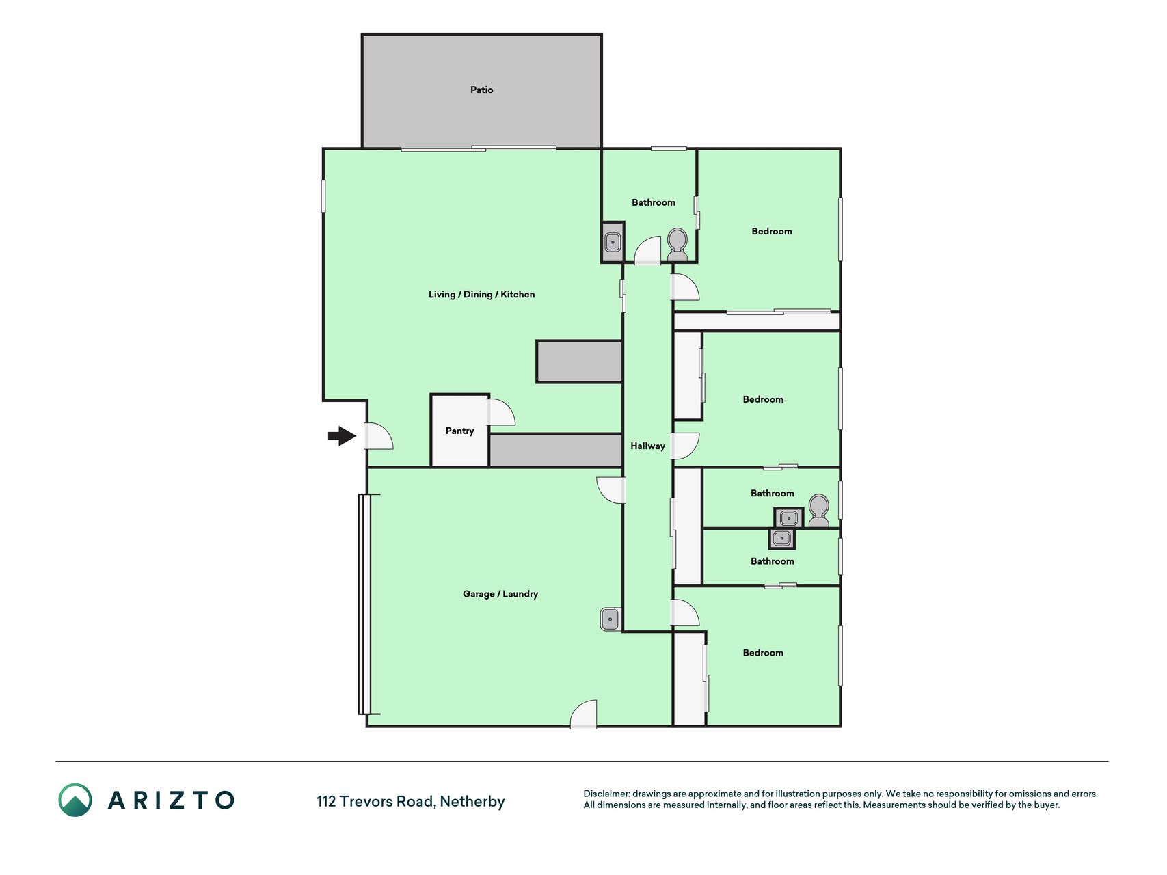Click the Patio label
[481, 90]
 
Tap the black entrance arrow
[342, 435]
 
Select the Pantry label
[459, 431]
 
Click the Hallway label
[647, 446]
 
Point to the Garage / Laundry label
[500, 593]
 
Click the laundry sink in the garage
[611, 619]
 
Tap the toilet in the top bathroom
[677, 245]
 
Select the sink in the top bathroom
[613, 242]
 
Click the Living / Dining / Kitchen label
[481, 294]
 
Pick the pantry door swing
[501, 412]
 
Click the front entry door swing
[379, 436]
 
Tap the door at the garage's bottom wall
[584, 714]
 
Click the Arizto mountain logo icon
[75, 800]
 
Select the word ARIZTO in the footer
[171, 800]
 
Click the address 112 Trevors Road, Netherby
[410, 801]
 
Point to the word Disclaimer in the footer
[606, 794]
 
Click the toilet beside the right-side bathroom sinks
[818, 511]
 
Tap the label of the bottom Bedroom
[763, 653]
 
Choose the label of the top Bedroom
[772, 231]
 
